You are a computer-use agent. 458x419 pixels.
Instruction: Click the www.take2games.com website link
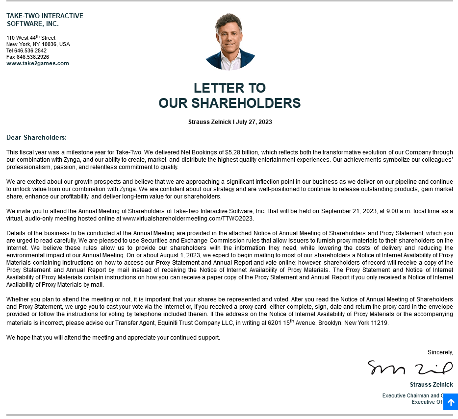(38, 63)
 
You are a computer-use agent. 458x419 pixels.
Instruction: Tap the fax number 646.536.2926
(33, 57)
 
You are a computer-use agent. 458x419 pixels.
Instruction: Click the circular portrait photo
(230, 42)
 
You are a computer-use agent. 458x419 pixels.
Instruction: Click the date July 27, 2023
(254, 122)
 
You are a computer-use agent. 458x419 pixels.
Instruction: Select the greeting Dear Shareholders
(36, 138)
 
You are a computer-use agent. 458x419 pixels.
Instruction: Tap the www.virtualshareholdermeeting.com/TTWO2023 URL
(188, 219)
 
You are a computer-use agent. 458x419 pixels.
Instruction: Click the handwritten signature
(410, 368)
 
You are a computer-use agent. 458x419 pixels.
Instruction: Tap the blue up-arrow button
(450, 402)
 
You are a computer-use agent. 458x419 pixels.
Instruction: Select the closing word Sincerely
(440, 352)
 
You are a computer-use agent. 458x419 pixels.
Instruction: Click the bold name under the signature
(431, 385)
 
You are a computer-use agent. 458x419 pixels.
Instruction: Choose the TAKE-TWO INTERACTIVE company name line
(45, 16)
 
